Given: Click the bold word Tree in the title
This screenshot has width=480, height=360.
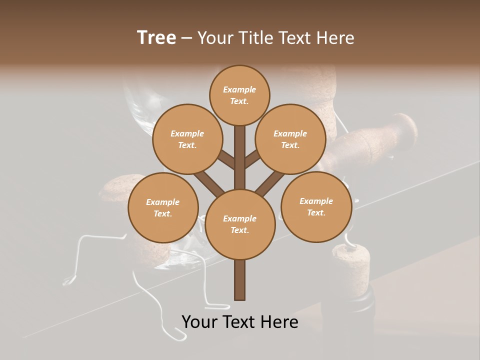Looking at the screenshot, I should click(x=156, y=37).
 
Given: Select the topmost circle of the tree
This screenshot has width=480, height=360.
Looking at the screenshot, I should click(x=239, y=95).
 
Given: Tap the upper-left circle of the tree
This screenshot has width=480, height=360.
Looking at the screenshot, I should click(x=187, y=139).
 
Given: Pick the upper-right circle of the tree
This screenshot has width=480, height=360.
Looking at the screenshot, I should click(x=290, y=139).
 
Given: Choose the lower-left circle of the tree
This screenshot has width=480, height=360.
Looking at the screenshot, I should click(x=163, y=207).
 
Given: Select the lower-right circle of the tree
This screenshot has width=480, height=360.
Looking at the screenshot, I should click(x=316, y=206).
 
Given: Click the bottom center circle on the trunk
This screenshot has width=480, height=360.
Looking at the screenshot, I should click(x=240, y=224).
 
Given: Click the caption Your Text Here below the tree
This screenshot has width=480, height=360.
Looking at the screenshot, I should click(x=240, y=322).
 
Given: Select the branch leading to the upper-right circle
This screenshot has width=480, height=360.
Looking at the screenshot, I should click(x=252, y=159).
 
